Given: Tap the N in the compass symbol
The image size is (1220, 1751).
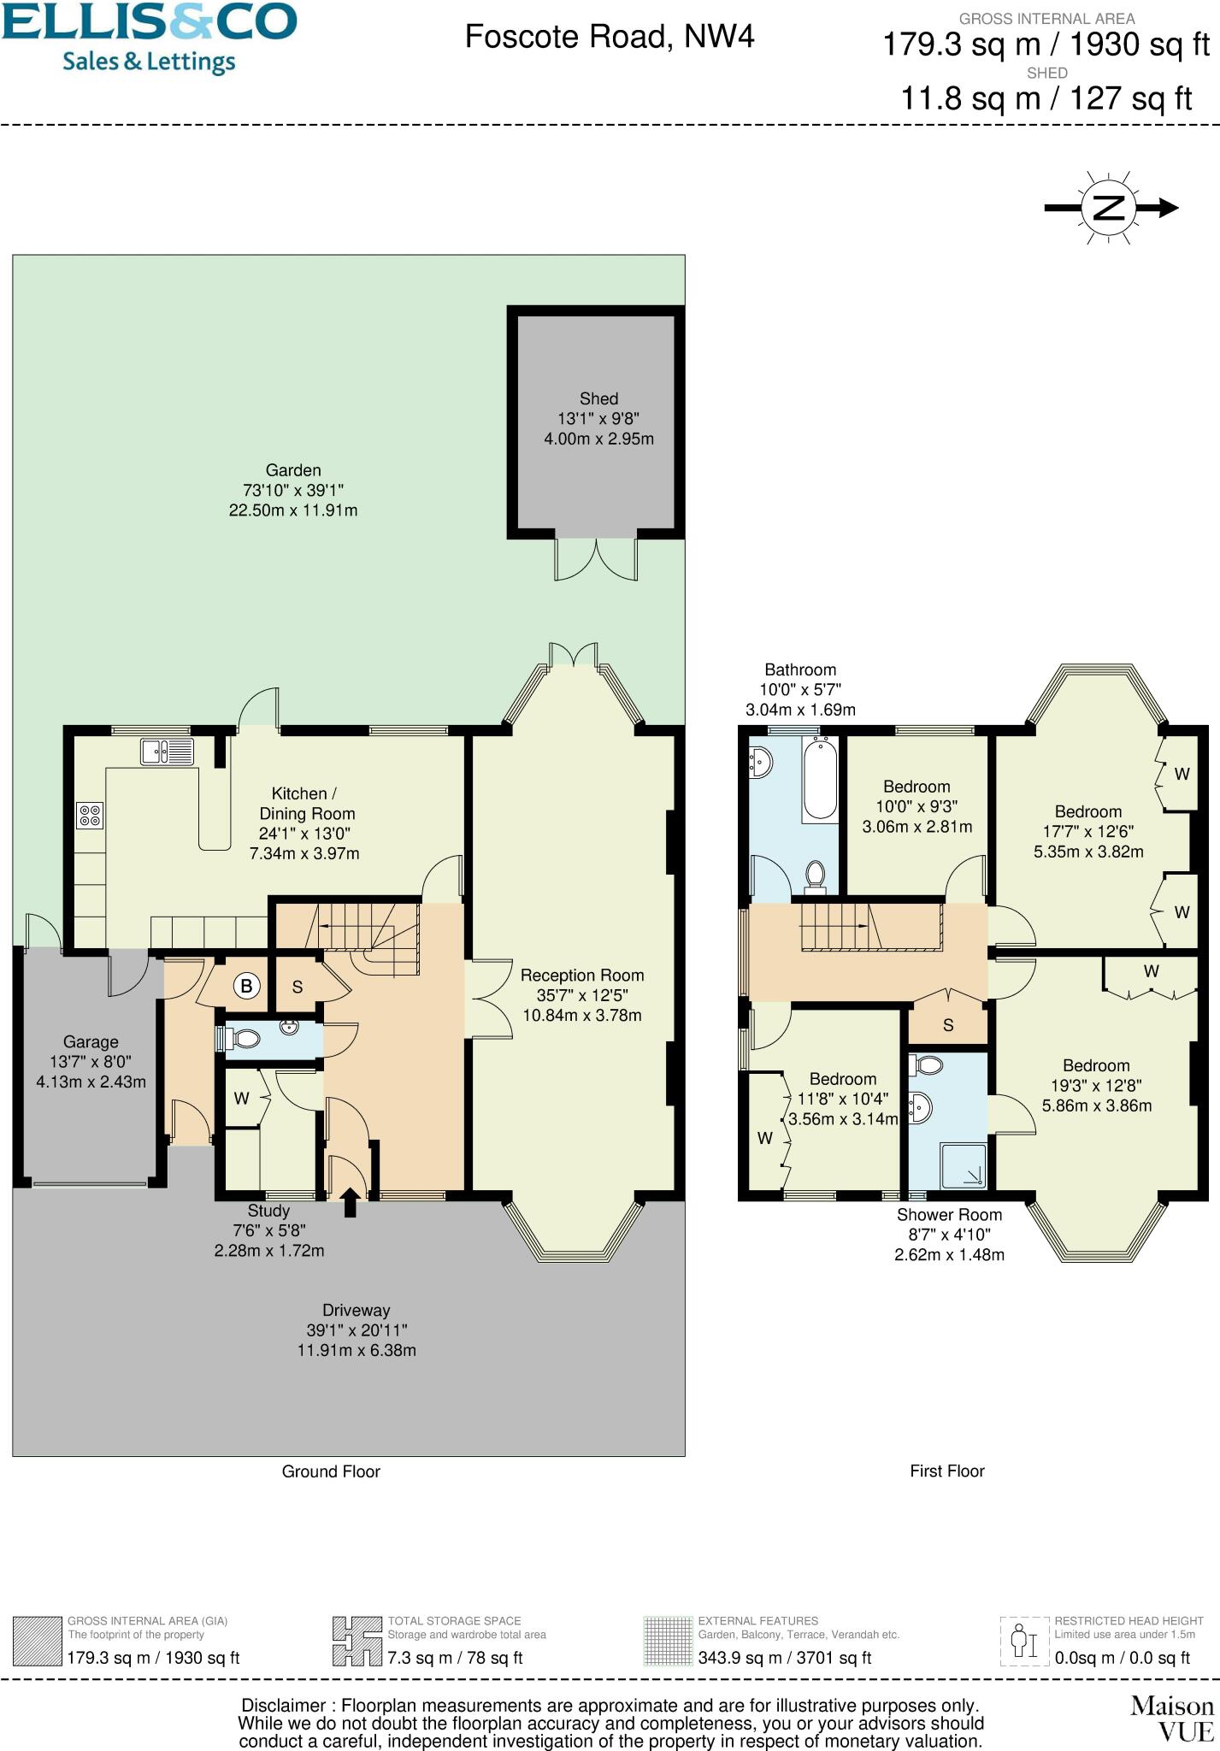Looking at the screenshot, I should pyautogui.click(x=1109, y=207).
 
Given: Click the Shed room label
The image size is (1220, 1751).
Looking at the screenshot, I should pyautogui.click(x=598, y=399).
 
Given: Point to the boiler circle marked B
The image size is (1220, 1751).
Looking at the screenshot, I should pyautogui.click(x=246, y=986).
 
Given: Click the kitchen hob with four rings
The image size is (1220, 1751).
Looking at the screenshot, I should pyautogui.click(x=90, y=815).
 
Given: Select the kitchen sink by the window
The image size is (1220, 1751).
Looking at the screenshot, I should pyautogui.click(x=167, y=752).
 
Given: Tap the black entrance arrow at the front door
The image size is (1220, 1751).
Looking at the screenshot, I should pyautogui.click(x=350, y=1200).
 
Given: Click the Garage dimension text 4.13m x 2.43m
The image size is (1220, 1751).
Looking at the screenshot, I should pyautogui.click(x=91, y=1082).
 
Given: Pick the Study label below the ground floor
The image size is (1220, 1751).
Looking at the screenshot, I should pyautogui.click(x=268, y=1211).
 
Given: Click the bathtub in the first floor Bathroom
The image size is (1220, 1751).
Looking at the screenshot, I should pyautogui.click(x=820, y=778).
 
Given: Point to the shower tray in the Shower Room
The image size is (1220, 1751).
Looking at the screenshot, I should pyautogui.click(x=963, y=1166).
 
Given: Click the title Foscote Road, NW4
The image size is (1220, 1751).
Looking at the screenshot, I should pyautogui.click(x=610, y=37).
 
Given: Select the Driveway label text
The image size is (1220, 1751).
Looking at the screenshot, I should pyautogui.click(x=356, y=1310).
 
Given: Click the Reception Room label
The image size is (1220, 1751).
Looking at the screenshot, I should pyautogui.click(x=581, y=976).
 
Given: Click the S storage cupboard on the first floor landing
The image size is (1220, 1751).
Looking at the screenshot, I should pyautogui.click(x=947, y=1024).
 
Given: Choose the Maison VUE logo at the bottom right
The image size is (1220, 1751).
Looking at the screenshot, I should pyautogui.click(x=1171, y=1719).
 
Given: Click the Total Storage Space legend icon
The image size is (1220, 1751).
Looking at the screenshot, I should pyautogui.click(x=357, y=1641).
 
